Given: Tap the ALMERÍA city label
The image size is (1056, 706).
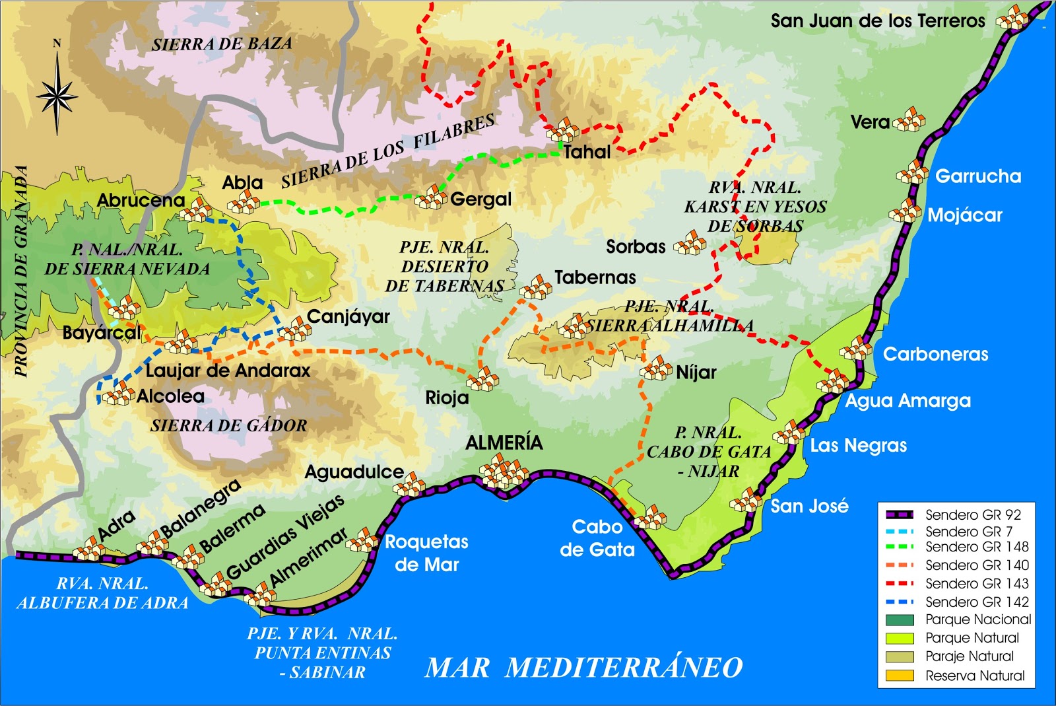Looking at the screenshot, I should [x=504, y=442].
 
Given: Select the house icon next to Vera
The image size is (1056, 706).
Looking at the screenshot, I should [x=910, y=120].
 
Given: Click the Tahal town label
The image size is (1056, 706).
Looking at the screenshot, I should [x=587, y=152].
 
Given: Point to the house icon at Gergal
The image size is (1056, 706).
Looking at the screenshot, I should [x=431, y=197].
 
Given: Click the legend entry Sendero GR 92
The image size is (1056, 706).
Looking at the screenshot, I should [x=972, y=514].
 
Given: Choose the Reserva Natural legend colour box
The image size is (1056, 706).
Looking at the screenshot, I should [x=900, y=676].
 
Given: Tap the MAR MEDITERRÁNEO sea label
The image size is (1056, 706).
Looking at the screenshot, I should [x=583, y=667].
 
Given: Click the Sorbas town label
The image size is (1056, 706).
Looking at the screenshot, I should [x=636, y=246].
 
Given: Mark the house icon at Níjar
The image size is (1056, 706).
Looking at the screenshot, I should [x=657, y=369].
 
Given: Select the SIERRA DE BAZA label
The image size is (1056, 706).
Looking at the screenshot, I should [x=222, y=44].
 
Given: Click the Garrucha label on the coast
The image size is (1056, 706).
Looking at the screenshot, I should [x=978, y=176].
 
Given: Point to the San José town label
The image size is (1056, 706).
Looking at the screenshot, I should [x=809, y=506].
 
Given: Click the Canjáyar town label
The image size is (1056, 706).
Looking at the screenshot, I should [x=348, y=316].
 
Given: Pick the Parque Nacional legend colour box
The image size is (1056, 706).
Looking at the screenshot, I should [x=900, y=620].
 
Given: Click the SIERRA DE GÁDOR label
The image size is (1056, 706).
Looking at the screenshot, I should [x=228, y=426].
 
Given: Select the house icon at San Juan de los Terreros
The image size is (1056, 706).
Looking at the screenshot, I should [x=1012, y=18].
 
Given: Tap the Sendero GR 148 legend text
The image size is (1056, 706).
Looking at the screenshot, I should [x=977, y=547].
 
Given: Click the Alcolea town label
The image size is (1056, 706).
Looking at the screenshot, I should [x=170, y=396].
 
